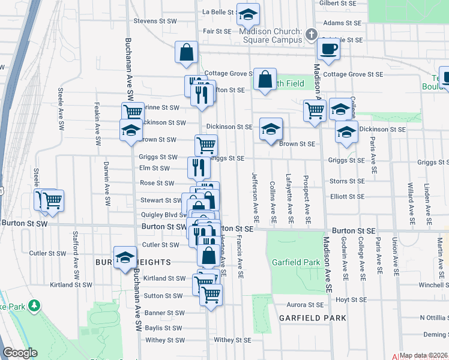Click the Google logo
click(x=20, y=353)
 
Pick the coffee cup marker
click(x=328, y=49)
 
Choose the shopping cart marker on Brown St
click(x=206, y=145)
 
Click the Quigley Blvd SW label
click(x=162, y=214)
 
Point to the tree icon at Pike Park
click(x=35, y=305)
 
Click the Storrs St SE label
click(x=347, y=181)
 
